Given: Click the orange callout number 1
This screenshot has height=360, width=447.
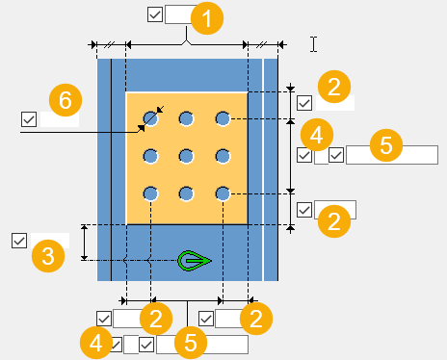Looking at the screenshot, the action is tap(207, 18).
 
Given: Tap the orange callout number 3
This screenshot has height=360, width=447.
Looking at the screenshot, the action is tap(48, 256).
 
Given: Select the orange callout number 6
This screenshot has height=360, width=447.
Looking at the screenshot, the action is tap(66, 100).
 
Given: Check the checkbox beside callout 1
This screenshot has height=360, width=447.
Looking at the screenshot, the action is tap(155, 14).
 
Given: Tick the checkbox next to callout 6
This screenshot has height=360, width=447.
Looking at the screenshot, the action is tap(29, 119).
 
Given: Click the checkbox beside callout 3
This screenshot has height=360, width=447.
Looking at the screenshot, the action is tap(19, 241).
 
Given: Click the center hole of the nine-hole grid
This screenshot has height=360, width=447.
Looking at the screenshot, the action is tap(187, 157).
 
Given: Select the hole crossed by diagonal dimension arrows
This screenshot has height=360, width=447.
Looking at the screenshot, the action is tap(150, 119).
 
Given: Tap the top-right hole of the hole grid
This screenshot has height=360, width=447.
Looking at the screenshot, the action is tap(223, 119).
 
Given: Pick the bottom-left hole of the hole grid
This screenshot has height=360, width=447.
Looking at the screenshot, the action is tap(150, 193).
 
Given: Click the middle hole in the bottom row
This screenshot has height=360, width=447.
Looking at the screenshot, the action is tap(187, 193).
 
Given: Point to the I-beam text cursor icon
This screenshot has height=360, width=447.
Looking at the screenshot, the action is tap(314, 44).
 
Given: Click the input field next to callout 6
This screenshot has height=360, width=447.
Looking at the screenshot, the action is tap(60, 119).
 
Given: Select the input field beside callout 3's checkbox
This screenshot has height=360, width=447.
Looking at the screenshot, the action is tap(50, 241).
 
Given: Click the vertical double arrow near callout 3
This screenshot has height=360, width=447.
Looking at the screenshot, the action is tap(84, 243).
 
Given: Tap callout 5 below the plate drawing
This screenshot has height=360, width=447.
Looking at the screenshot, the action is tap(191, 343).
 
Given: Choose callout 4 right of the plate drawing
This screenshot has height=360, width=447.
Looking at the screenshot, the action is tap(317, 135).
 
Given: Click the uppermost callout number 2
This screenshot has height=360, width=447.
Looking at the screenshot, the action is tap(334, 87).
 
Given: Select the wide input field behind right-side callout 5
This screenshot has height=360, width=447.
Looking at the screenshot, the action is tap(392, 155).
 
